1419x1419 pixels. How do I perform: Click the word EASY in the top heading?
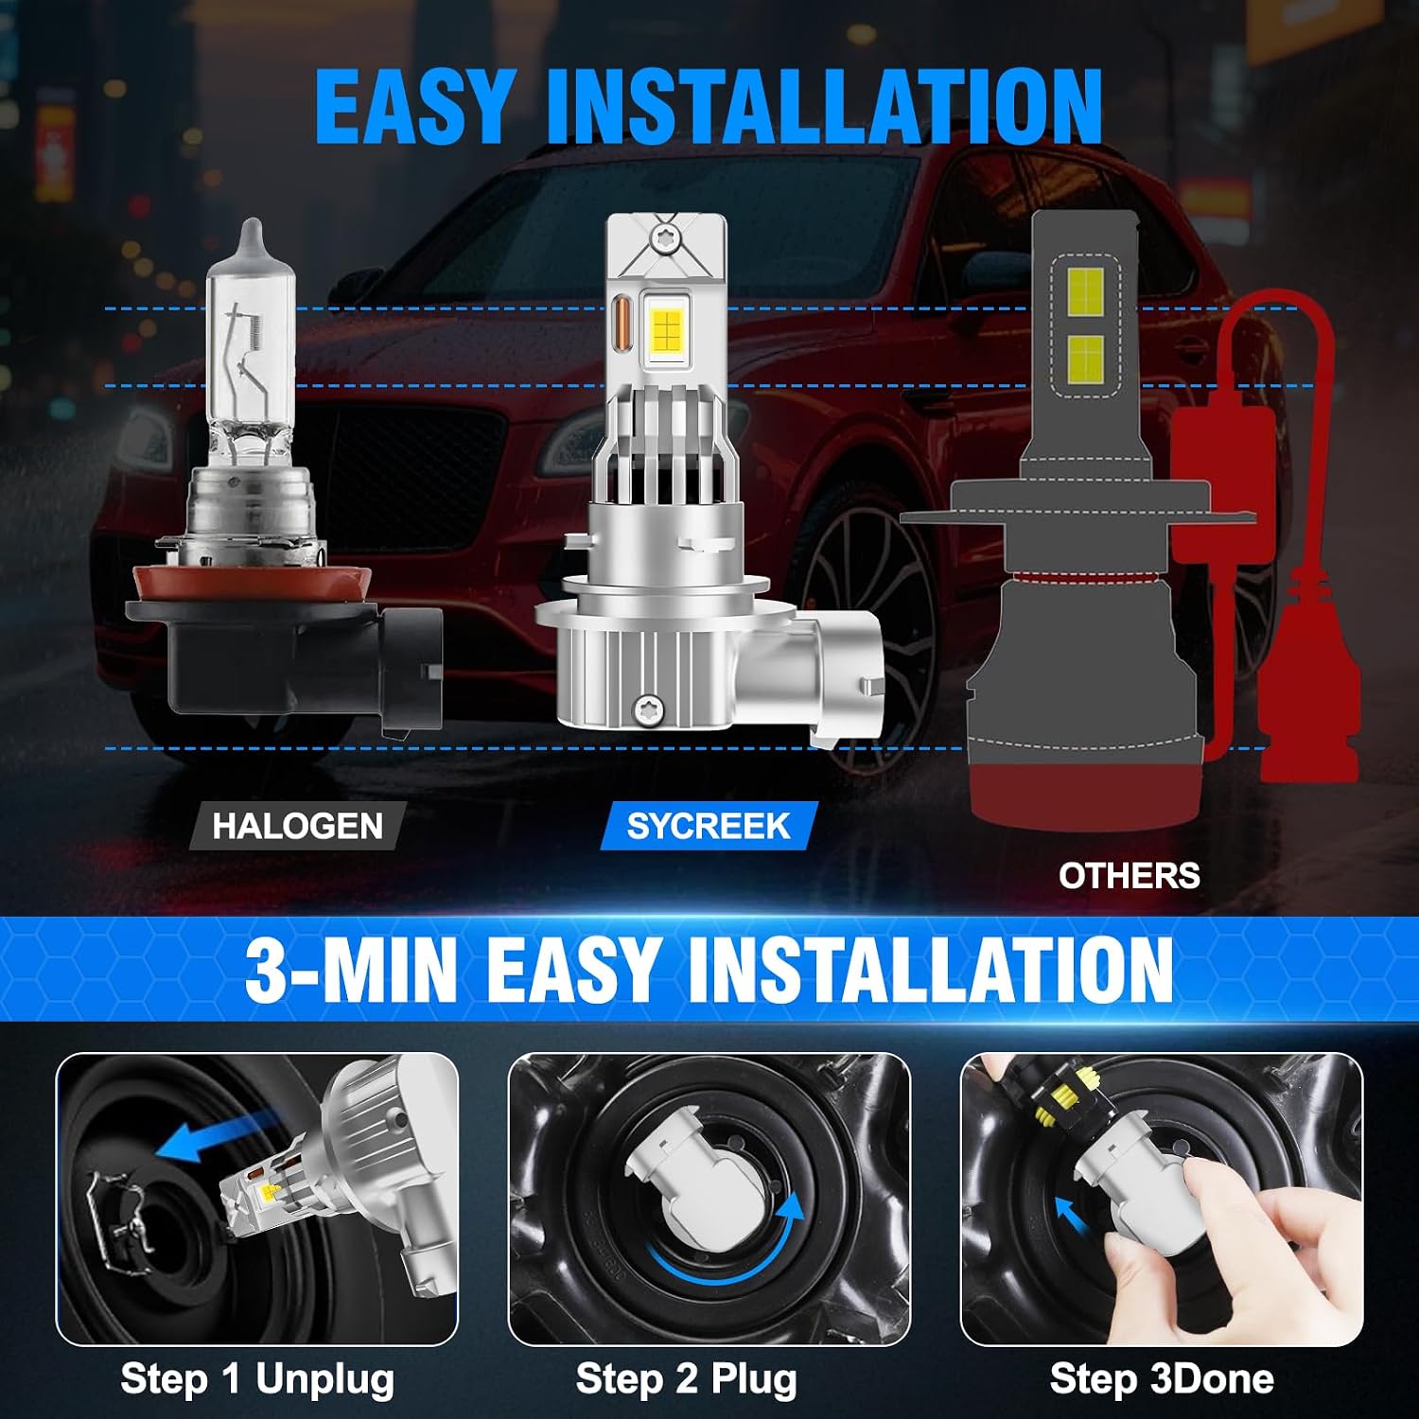pos(415,107)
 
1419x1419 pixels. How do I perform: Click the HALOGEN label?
pos(298,826)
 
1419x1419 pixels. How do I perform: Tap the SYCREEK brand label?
pos(709,826)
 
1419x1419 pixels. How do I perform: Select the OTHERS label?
pos(1130,876)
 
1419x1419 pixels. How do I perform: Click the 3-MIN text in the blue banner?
pos(351,970)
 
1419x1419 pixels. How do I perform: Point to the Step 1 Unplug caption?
pos(257,1379)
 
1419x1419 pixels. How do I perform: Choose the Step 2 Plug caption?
pos(687,1379)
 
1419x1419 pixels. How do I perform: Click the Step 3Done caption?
pos(1162,1379)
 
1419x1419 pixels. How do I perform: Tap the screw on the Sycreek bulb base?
pos(649,704)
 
